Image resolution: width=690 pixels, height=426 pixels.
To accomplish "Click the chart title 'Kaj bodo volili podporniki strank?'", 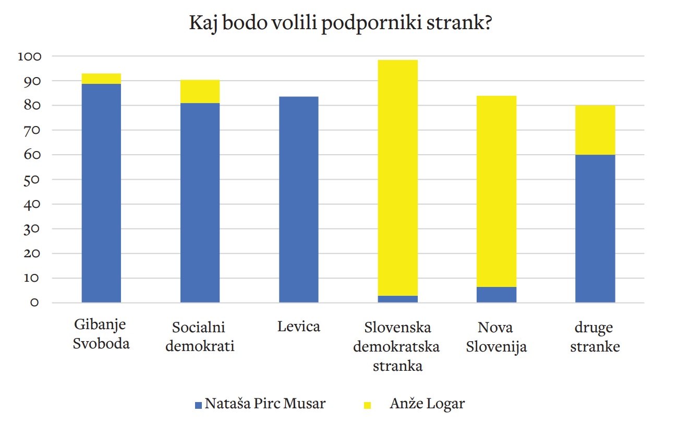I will tap(340, 24).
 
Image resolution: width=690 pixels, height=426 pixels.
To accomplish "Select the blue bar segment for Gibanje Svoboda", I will tap(102, 193).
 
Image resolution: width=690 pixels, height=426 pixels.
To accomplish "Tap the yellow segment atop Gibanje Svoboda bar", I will tap(102, 79).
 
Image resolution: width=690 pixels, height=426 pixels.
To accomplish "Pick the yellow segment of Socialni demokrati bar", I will tap(200, 92).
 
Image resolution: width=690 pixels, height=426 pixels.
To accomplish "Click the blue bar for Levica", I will tap(298, 199).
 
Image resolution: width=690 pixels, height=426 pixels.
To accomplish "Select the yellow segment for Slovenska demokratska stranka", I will tap(397, 177).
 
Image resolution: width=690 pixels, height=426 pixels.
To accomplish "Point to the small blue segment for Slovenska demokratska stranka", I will tap(397, 299).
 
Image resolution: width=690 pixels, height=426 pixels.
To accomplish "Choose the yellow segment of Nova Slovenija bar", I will tap(497, 191).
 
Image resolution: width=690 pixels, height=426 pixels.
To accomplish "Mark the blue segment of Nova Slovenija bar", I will tap(497, 295).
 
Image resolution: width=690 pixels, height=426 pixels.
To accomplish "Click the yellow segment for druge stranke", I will tap(595, 130).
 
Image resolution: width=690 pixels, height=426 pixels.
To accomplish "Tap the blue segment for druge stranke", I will tap(595, 229).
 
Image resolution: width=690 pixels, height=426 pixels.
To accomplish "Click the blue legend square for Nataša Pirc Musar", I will tap(198, 405).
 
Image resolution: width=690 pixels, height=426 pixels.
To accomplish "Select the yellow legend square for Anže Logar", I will tap(367, 405).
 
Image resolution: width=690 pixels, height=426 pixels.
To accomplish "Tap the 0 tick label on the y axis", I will tap(34, 303).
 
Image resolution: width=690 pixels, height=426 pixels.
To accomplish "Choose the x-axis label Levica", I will tap(298, 327).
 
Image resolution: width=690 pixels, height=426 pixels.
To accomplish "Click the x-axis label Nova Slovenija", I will tap(496, 337).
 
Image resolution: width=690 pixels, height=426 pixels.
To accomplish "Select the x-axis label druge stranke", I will tap(595, 337).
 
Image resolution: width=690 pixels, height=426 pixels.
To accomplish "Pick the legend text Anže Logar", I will tap(427, 404).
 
